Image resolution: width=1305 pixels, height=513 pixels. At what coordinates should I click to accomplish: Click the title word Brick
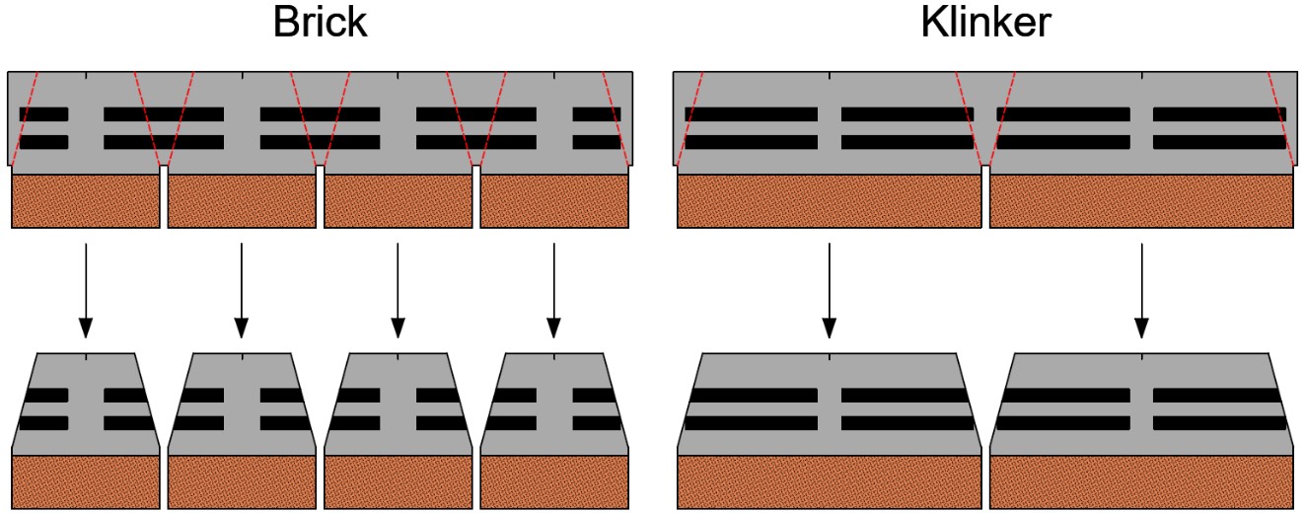point(320,24)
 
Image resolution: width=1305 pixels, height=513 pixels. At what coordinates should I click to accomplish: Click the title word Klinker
point(985,24)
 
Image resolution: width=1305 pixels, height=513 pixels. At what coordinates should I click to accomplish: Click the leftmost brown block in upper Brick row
point(86,201)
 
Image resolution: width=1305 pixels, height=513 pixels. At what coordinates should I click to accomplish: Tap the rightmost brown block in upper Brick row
point(554,201)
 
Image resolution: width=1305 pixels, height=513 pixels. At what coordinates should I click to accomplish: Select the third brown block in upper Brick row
point(398,201)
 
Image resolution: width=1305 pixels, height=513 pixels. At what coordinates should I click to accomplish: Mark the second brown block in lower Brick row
point(242,481)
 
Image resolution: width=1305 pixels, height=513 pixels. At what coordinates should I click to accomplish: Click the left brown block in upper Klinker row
point(830,201)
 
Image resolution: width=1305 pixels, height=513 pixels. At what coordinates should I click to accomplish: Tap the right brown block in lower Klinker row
point(1141,481)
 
